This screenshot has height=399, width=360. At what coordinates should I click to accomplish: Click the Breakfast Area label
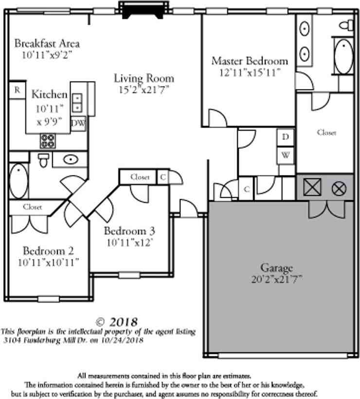click(x=47, y=43)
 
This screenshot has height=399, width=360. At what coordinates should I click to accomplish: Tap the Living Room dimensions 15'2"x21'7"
click(x=144, y=89)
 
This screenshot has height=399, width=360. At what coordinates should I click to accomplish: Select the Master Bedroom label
click(x=250, y=61)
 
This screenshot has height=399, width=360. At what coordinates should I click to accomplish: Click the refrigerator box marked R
click(x=17, y=90)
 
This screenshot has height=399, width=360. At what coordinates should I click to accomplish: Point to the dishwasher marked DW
click(x=78, y=123)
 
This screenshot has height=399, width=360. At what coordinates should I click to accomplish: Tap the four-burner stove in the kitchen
click(x=47, y=140)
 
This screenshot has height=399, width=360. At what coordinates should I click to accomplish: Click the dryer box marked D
click(x=286, y=138)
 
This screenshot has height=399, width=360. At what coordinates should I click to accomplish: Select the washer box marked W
click(x=286, y=156)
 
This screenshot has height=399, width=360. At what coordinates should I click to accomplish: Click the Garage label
click(x=276, y=268)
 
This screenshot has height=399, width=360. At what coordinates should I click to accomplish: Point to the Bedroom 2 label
click(x=48, y=251)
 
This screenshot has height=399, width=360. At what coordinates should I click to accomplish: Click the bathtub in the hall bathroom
click(x=19, y=181)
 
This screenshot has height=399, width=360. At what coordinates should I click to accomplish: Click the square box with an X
click(x=311, y=188)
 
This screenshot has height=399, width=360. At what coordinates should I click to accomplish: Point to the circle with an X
click(x=338, y=188)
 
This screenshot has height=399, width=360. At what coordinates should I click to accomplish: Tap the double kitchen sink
click(x=77, y=103)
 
